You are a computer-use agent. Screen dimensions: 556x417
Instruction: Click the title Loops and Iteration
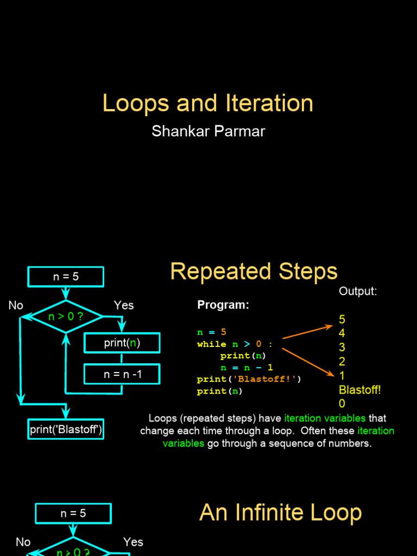click(x=208, y=103)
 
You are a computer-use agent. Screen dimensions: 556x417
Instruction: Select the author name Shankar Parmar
click(x=208, y=131)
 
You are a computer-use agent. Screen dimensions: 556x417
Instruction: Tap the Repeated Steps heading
click(x=254, y=271)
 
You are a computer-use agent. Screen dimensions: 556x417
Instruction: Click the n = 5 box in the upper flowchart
click(x=66, y=276)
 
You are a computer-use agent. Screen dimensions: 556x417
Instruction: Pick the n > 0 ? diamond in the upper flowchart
click(x=66, y=315)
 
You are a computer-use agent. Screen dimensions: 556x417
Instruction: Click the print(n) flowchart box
click(x=122, y=343)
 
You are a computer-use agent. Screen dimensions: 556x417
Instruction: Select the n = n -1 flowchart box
click(x=122, y=374)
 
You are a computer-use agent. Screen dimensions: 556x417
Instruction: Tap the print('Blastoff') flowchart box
click(x=66, y=429)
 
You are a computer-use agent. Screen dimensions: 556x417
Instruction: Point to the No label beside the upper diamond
click(x=16, y=306)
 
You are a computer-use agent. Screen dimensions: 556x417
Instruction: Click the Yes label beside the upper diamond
click(x=124, y=306)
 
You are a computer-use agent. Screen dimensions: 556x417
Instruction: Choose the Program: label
click(x=223, y=305)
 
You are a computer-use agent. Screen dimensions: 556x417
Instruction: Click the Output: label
click(x=358, y=292)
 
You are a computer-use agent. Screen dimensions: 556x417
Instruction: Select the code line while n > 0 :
click(x=235, y=344)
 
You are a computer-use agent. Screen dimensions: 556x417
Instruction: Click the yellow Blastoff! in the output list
click(x=360, y=390)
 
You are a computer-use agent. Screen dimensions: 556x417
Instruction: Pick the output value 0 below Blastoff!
click(x=342, y=403)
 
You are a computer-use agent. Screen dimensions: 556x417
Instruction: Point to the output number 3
click(x=342, y=347)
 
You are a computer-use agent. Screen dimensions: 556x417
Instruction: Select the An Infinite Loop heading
click(x=280, y=513)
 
